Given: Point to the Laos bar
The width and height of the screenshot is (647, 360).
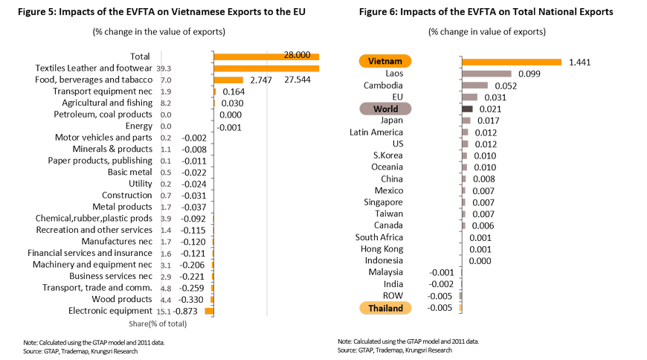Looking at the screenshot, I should pyautogui.click(x=487, y=74).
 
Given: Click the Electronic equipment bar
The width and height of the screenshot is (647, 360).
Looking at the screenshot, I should pyautogui.click(x=209, y=311).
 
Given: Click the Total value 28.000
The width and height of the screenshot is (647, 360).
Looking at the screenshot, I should pyautogui.click(x=297, y=56).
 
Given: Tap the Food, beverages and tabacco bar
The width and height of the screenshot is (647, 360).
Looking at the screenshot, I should pyautogui.click(x=228, y=80).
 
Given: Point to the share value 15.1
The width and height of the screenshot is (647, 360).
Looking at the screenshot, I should pyautogui.click(x=164, y=311).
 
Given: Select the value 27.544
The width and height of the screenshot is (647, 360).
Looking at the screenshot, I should pyautogui.click(x=298, y=80).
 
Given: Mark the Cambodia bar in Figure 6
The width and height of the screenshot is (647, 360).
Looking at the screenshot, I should pyautogui.click(x=474, y=86).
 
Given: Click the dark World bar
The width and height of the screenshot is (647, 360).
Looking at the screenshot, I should pyautogui.click(x=468, y=109).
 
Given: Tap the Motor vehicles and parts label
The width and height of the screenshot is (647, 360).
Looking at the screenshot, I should pyautogui.click(x=104, y=138).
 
